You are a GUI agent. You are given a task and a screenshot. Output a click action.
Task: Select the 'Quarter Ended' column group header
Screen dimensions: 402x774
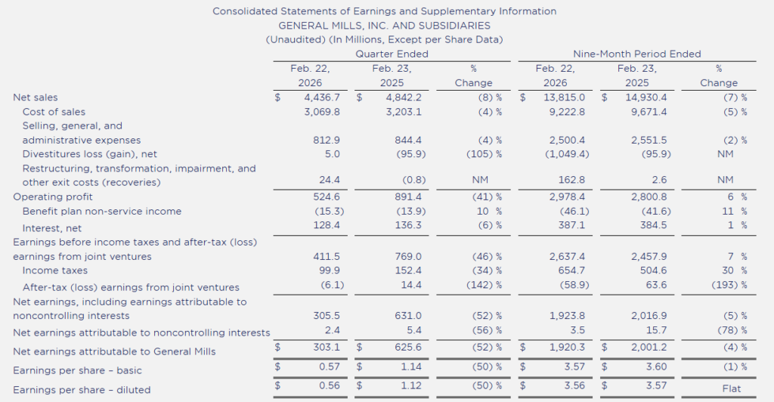coord(392,54)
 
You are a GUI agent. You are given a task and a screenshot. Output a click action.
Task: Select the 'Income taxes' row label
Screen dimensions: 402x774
coord(55,271)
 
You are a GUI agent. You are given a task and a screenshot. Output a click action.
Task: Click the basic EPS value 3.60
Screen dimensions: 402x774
coord(636,370)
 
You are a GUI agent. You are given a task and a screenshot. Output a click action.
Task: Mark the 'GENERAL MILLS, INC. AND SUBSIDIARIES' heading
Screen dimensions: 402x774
coord(384,25)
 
